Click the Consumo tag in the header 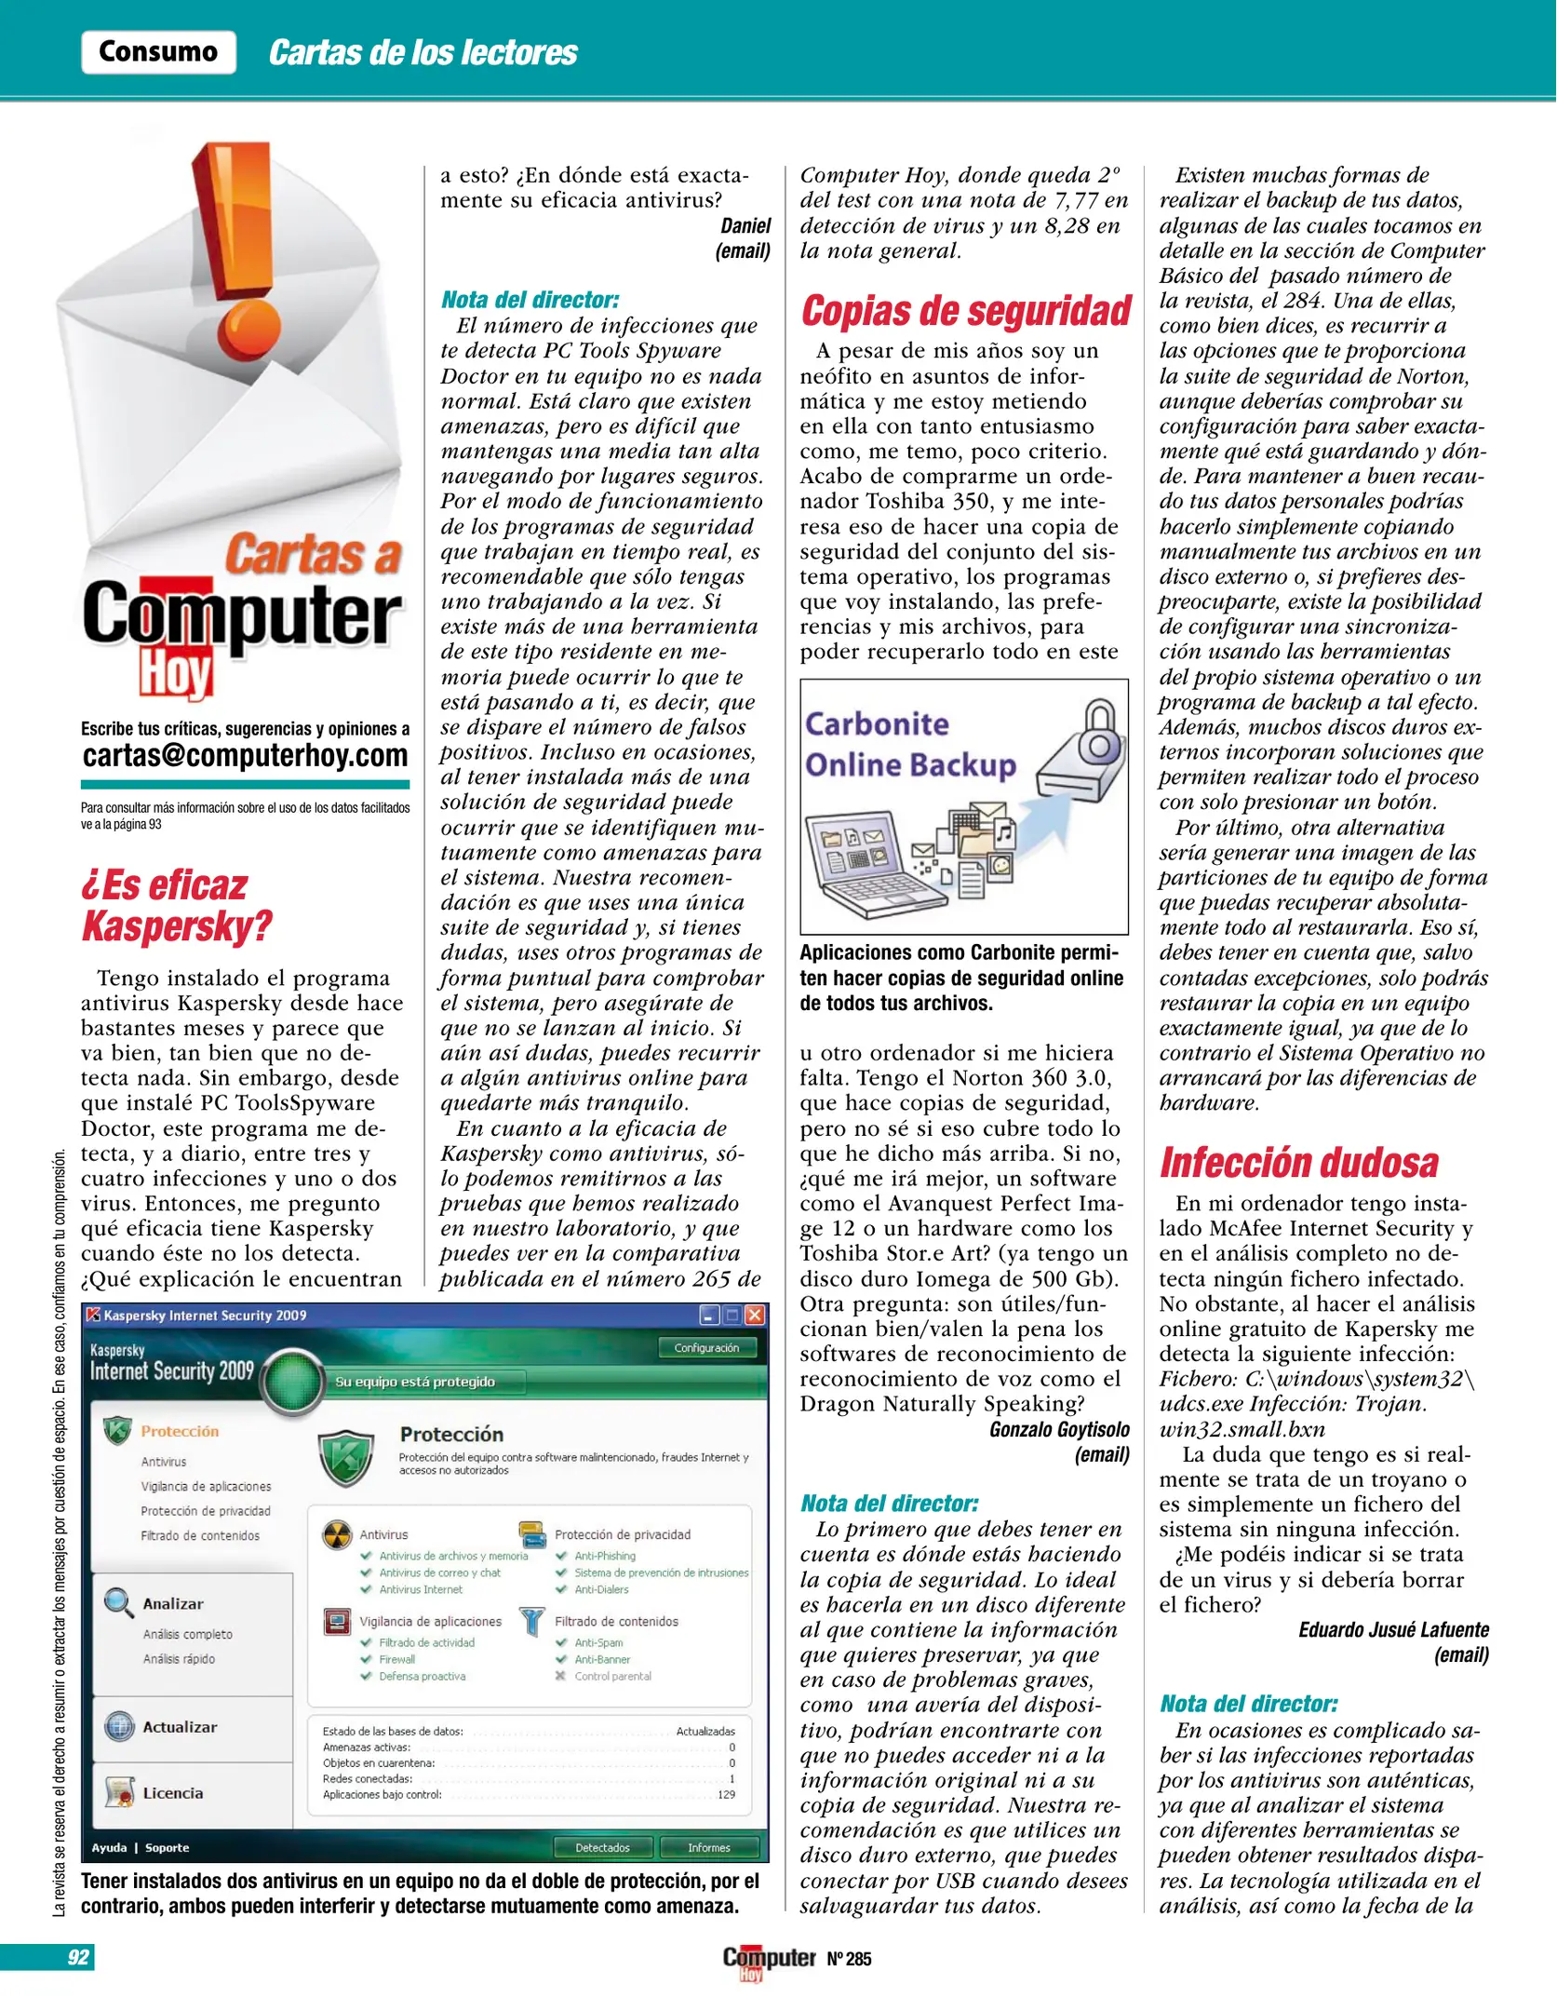coord(158,51)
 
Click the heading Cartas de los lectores coord(423,53)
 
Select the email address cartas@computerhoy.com coord(245,755)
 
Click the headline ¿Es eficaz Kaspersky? coord(177,905)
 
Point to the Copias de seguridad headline coord(965,311)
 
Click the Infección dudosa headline coord(1298,1163)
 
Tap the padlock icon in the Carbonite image coord(1099,735)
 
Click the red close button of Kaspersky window coord(755,1315)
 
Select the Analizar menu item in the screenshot coord(172,1603)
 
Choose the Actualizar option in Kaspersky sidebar coord(179,1726)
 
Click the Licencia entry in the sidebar coord(172,1792)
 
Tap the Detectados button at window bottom coord(602,1847)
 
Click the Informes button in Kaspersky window coord(708,1847)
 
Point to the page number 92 coord(78,1957)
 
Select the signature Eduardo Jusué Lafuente coord(1393,1629)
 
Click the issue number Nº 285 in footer coord(849,1959)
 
